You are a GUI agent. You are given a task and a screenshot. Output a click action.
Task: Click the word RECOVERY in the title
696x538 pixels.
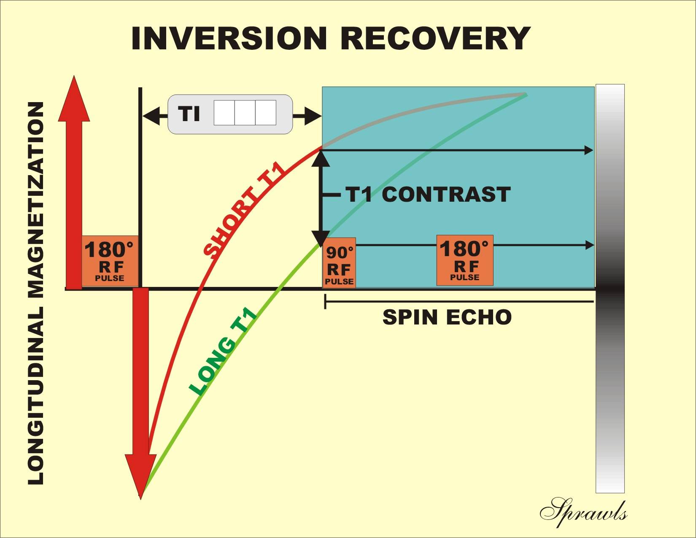[435, 38]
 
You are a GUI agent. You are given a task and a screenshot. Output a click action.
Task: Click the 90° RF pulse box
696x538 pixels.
[340, 263]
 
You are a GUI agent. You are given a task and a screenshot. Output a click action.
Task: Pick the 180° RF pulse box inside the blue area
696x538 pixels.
[464, 261]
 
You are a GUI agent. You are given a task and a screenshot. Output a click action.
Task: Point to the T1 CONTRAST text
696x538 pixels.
[428, 195]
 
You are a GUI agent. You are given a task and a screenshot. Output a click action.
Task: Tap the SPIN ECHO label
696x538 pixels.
[447, 317]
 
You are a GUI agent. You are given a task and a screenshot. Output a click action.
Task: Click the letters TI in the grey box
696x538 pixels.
[189, 114]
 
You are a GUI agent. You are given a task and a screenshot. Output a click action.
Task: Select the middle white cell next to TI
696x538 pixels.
[245, 113]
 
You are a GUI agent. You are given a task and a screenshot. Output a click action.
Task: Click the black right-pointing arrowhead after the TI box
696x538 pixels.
[314, 116]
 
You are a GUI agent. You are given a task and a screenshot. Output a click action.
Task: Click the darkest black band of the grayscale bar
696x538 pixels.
[610, 289]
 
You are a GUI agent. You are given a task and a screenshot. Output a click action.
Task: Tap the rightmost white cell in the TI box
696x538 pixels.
[266, 113]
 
